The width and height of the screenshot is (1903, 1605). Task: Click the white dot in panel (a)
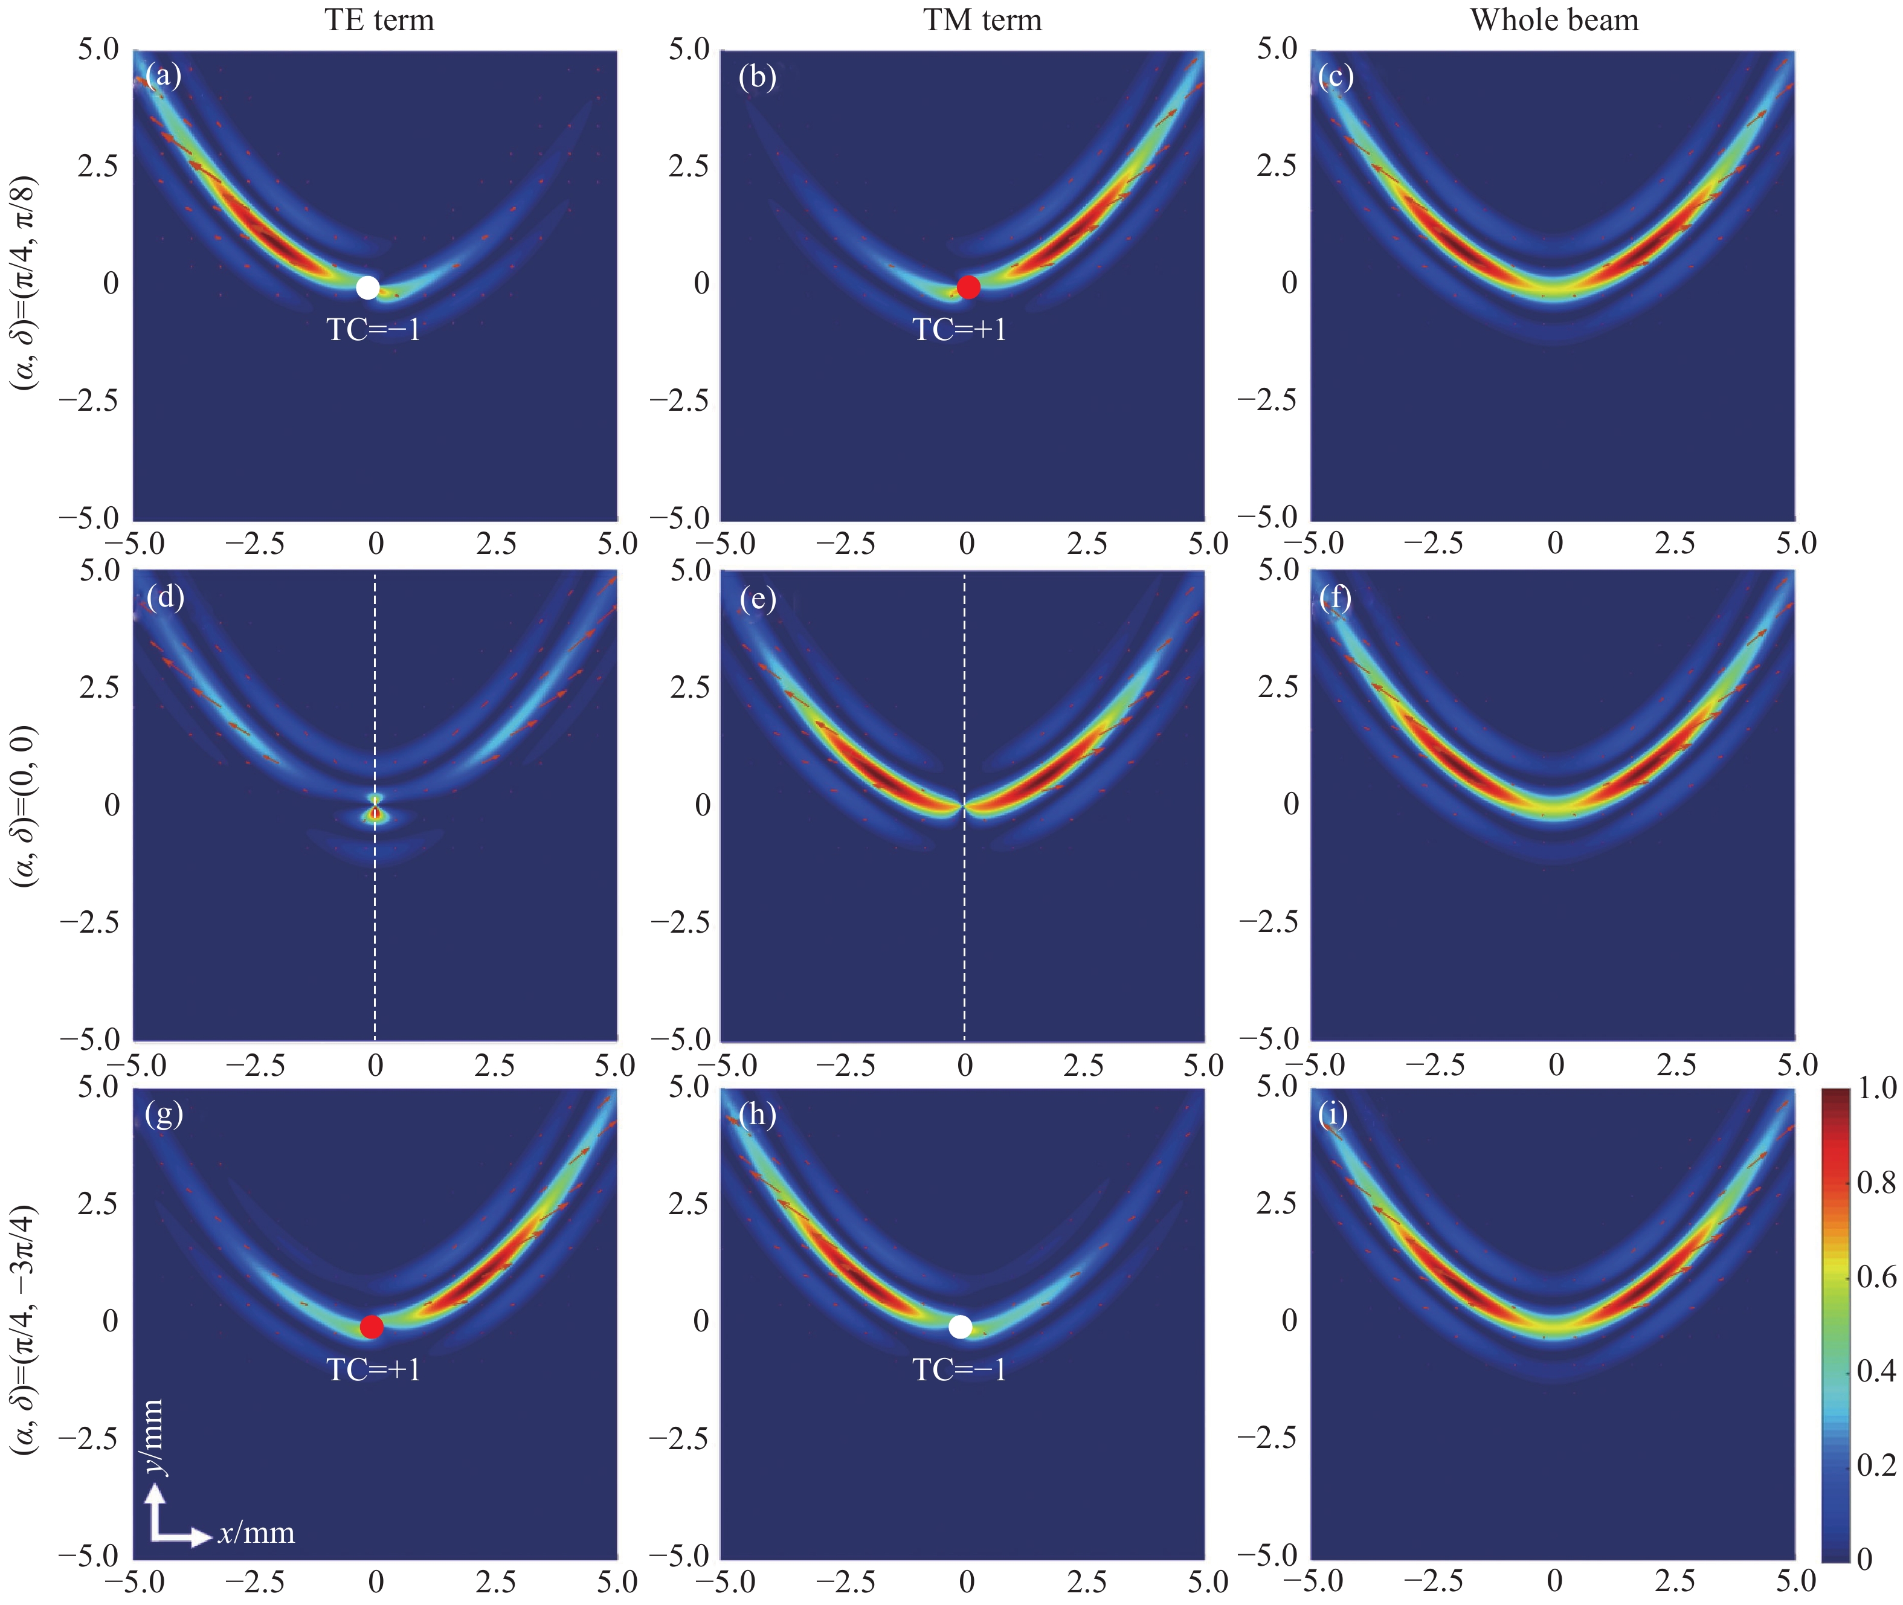pyautogui.click(x=368, y=288)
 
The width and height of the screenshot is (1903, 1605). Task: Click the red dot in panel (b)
pyautogui.click(x=968, y=288)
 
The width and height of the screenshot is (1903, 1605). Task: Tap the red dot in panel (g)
pyautogui.click(x=372, y=1327)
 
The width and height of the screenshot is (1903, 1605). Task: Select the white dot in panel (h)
pyautogui.click(x=960, y=1327)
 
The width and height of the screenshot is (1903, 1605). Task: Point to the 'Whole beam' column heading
pyautogui.click(x=1554, y=20)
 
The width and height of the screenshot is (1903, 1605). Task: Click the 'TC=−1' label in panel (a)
pyautogui.click(x=374, y=329)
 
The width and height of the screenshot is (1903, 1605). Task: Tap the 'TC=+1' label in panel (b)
pyautogui.click(x=960, y=329)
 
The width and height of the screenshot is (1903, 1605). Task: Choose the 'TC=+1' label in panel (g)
pyautogui.click(x=374, y=1369)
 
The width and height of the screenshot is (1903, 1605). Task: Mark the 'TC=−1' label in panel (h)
pyautogui.click(x=960, y=1369)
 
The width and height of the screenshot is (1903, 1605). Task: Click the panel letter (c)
pyautogui.click(x=1336, y=77)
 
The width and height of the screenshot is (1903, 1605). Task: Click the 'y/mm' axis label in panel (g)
pyautogui.click(x=153, y=1436)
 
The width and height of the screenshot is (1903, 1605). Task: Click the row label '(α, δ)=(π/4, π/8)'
pyautogui.click(x=25, y=282)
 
